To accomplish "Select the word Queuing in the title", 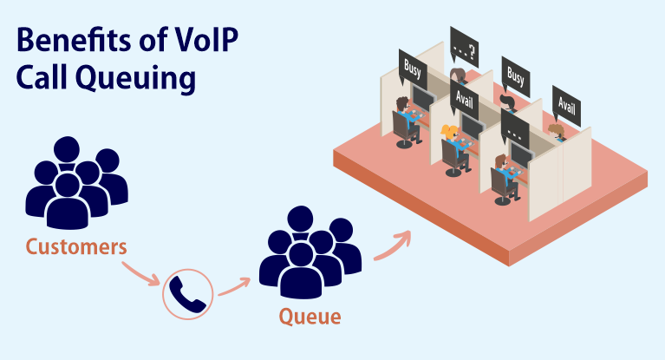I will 137,78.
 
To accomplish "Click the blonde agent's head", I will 450,132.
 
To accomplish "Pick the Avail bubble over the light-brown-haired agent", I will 565,106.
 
